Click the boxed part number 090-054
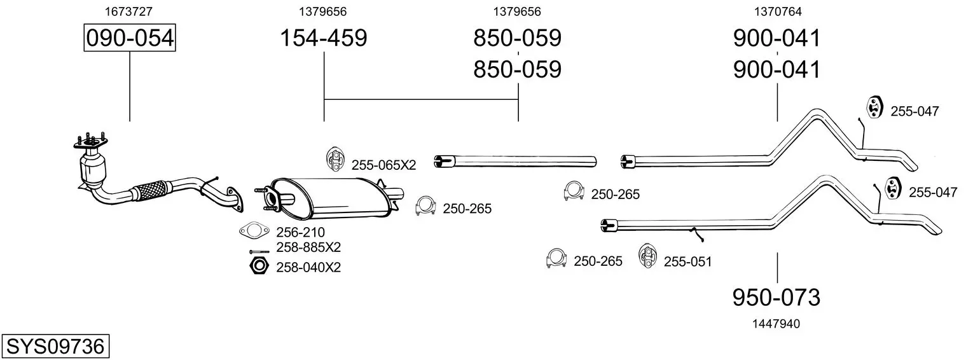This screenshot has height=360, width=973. [x=130, y=38]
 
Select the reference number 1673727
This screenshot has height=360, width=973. [x=130, y=11]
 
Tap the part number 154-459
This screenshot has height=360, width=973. [x=324, y=38]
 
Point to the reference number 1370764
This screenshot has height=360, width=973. [x=777, y=11]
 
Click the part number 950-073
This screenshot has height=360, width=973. [x=776, y=297]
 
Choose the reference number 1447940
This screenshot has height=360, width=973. [x=776, y=324]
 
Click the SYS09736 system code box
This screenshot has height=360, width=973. [x=55, y=347]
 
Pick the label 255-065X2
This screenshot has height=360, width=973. [x=383, y=165]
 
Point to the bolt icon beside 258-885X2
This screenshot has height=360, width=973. [x=259, y=251]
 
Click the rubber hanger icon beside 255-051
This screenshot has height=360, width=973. [x=647, y=256]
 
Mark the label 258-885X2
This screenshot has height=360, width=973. [x=308, y=247]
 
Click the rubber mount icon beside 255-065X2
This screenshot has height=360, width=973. [x=334, y=159]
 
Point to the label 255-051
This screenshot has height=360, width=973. [x=687, y=261]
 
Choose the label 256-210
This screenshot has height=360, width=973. [x=300, y=233]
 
